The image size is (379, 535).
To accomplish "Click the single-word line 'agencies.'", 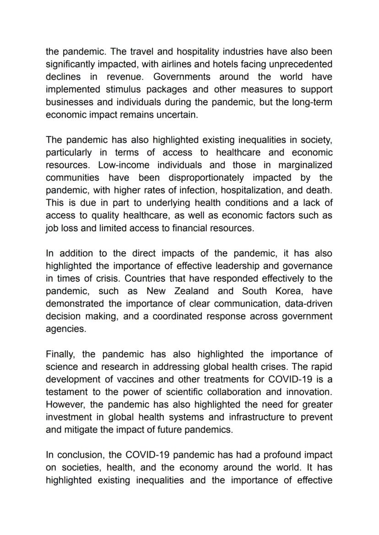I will (x=65, y=329).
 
